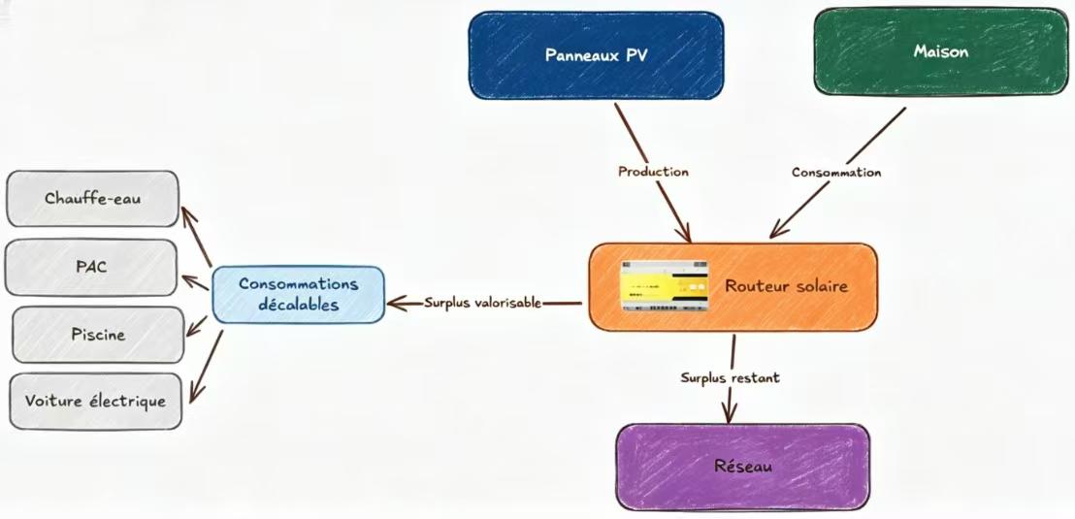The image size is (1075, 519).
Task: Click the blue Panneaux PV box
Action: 596,55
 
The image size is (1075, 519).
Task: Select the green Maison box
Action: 940,52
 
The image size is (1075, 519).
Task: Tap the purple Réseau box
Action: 742,467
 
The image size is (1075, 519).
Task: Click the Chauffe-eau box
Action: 92,199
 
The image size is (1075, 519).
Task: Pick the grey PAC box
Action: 91,267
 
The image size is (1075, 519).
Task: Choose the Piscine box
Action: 97,334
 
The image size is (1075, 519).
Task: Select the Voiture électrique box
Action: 95,401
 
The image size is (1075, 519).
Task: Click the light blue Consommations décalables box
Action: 298,293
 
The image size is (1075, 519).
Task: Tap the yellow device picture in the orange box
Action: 666,286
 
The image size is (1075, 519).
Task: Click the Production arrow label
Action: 653,172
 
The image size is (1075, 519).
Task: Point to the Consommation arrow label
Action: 835,173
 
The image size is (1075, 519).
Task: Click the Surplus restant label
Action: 730,377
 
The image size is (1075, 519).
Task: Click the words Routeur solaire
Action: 787,286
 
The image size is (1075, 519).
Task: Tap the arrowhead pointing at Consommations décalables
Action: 393,304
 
